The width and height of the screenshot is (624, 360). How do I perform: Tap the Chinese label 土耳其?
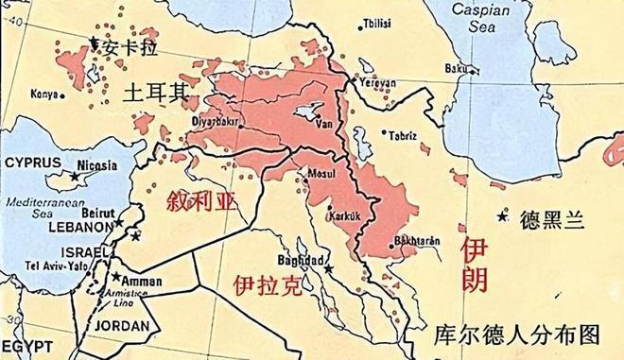[x=157, y=92]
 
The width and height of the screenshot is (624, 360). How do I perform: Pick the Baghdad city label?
[x=302, y=260]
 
